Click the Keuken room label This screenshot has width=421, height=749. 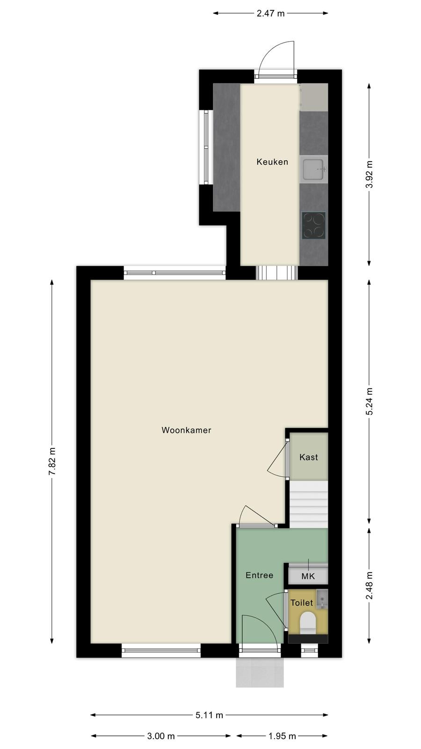click(272, 162)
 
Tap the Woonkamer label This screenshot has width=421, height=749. click(186, 430)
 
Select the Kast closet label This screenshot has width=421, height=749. click(308, 457)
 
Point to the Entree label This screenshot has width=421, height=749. click(259, 575)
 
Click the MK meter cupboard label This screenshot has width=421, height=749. click(308, 576)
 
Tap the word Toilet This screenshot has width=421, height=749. click(302, 603)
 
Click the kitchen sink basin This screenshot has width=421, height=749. click(313, 169)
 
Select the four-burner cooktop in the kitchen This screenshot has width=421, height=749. click(313, 226)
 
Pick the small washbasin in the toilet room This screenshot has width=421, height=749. click(322, 599)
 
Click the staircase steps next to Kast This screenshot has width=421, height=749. click(308, 505)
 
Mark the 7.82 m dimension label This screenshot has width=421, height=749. click(52, 461)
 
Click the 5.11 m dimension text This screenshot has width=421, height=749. click(209, 715)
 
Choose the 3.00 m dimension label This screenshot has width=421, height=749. click(161, 736)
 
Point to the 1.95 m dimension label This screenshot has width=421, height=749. click(283, 736)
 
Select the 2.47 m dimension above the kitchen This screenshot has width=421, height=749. click(271, 14)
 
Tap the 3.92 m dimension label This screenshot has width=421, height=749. click(369, 174)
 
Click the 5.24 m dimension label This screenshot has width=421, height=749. click(369, 401)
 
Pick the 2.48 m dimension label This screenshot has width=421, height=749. click(369, 586)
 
